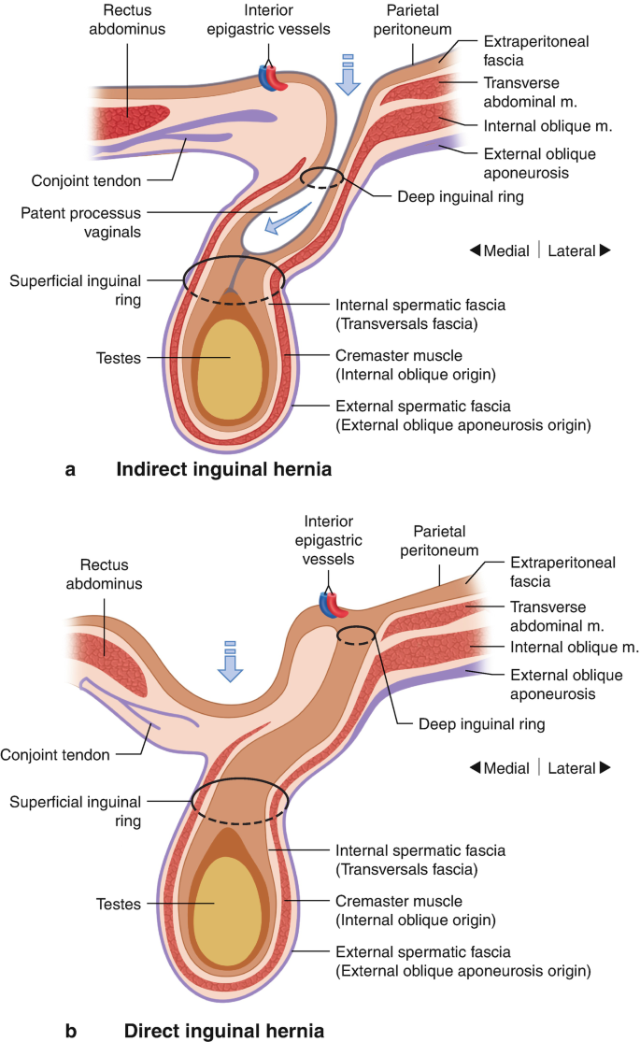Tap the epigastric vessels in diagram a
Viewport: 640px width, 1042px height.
click(x=273, y=79)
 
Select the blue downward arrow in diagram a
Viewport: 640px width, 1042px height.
click(x=348, y=75)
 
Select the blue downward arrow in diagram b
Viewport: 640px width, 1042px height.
click(x=230, y=662)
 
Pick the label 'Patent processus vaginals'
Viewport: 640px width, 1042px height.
click(x=80, y=222)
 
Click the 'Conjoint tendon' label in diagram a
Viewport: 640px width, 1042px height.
click(x=86, y=180)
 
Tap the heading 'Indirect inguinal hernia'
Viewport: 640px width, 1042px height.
click(x=223, y=469)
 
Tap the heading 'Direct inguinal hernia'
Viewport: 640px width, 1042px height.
click(x=224, y=1031)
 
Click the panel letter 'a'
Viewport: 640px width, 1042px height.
click(x=70, y=470)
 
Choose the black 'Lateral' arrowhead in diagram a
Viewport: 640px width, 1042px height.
click(x=604, y=250)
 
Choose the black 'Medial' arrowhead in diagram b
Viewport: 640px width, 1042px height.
click(x=475, y=767)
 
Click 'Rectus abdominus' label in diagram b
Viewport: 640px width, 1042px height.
click(x=104, y=574)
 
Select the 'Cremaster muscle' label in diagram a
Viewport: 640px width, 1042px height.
click(x=416, y=364)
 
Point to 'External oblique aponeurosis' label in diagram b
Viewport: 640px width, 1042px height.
click(x=566, y=684)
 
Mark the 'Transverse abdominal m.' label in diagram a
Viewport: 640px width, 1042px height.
click(x=530, y=93)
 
